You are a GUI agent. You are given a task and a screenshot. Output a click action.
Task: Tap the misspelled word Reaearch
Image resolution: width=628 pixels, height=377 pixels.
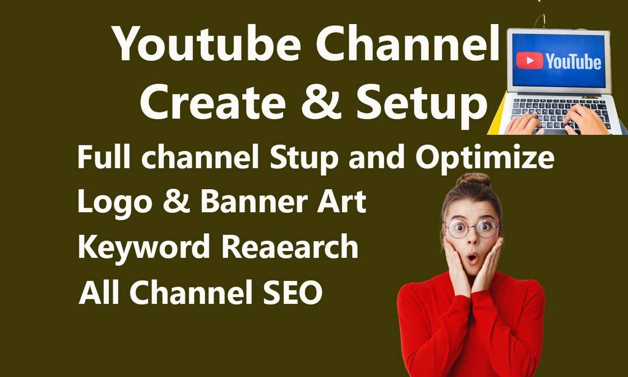coord(290,247)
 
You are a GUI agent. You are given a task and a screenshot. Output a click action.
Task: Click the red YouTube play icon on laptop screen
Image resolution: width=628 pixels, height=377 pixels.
coord(529,61)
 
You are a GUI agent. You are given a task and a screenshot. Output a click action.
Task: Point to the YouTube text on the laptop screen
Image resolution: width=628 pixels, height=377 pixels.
coord(573,62)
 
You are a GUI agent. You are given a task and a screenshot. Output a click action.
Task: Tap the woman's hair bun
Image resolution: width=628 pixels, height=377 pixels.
coord(473,180)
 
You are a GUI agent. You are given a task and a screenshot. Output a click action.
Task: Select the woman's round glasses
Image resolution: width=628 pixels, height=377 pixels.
coord(472,229)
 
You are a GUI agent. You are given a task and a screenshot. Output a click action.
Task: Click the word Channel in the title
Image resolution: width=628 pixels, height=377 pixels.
coord(409,44)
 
